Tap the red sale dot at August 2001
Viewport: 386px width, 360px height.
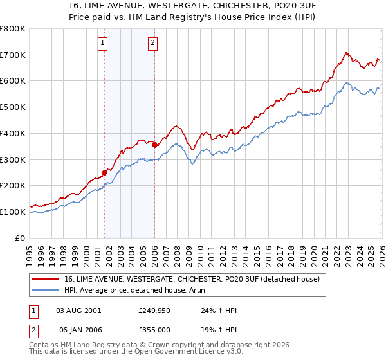104,172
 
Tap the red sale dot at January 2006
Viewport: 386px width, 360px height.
154,145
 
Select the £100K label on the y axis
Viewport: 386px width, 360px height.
13,212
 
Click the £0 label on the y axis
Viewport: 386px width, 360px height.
20,238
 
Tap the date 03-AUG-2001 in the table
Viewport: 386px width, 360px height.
78,310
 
